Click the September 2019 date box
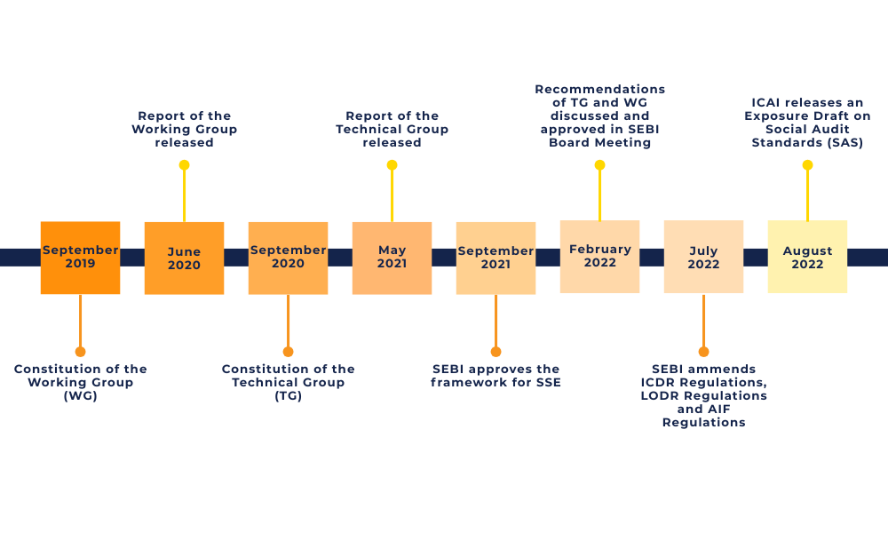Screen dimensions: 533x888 80,258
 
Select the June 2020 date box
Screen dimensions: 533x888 184,258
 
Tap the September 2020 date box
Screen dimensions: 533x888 288,258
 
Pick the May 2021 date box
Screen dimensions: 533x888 392,258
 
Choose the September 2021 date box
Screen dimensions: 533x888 496,258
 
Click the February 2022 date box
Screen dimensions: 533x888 599,257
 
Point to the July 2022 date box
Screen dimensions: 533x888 703,257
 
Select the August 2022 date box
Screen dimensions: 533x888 807,257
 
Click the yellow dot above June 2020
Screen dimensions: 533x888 184,165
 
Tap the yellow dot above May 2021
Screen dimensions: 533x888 392,165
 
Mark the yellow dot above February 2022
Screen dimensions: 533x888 599,165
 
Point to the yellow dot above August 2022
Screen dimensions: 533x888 807,165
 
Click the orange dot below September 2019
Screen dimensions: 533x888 80,352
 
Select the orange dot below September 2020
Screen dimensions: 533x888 288,352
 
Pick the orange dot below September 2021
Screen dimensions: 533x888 496,352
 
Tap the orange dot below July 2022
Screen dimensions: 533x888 703,352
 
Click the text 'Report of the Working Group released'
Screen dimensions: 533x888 184,129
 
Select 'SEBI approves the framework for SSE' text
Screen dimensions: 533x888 496,376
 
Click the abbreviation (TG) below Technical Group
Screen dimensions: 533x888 288,396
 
